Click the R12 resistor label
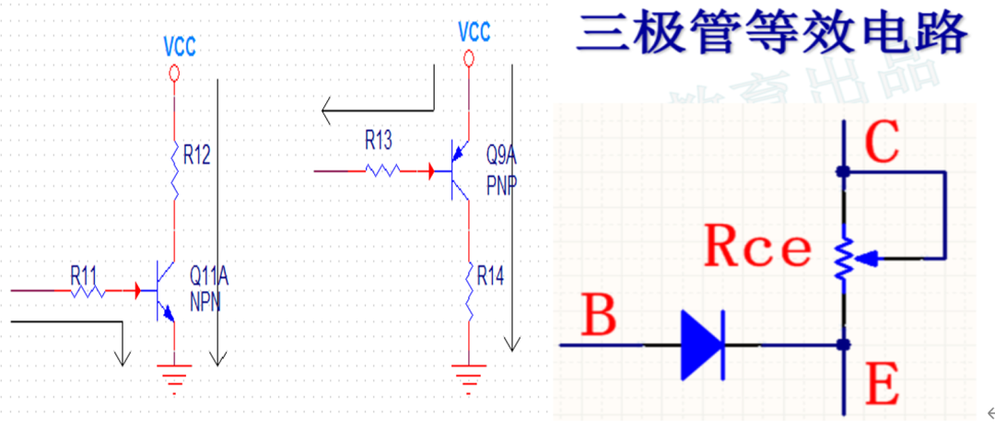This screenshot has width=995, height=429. tap(197, 156)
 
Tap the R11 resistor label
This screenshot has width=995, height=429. tap(85, 274)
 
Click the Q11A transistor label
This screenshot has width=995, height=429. tap(209, 274)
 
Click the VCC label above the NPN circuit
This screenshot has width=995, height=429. tap(179, 47)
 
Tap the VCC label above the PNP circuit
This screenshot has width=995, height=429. tap(474, 33)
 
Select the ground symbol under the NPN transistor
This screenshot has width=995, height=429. tap(174, 373)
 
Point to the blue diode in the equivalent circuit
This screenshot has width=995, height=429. tap(702, 345)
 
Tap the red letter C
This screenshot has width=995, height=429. tap(883, 144)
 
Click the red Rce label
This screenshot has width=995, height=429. tap(757, 248)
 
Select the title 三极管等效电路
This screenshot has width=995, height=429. tap(772, 34)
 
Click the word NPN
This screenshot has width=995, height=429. tap(205, 301)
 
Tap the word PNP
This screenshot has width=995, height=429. tap(501, 184)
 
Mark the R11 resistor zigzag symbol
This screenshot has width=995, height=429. tap(88, 291)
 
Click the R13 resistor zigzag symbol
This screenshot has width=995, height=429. tap(381, 170)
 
